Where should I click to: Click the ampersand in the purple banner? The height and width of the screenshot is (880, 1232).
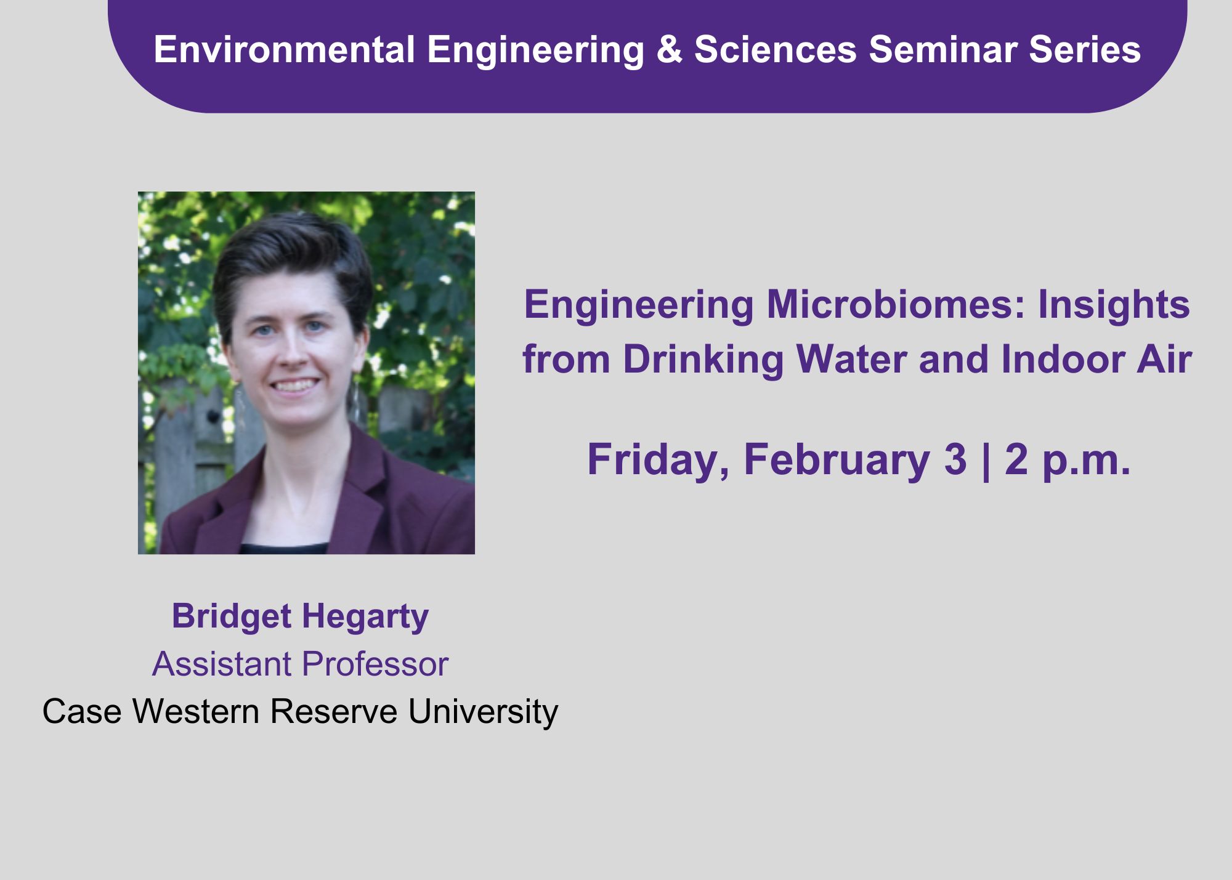click(670, 49)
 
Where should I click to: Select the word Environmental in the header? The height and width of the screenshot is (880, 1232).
click(284, 49)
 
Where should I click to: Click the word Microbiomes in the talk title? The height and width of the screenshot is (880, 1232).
click(896, 304)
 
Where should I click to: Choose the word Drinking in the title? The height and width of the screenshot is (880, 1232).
click(703, 361)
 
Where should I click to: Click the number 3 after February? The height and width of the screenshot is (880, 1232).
click(955, 459)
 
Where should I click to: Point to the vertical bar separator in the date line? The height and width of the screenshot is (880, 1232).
click(986, 461)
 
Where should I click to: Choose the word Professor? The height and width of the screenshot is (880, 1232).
click(375, 664)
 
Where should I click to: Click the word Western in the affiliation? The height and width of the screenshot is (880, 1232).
click(195, 711)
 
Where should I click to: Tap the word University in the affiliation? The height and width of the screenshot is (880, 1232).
click(483, 713)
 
